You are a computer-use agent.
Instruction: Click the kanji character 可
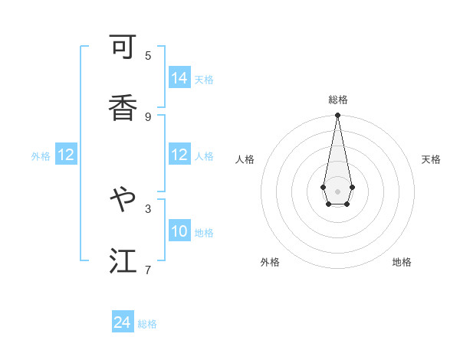pyautogui.click(x=123, y=48)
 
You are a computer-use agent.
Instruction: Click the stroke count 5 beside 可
pyautogui.click(x=148, y=55)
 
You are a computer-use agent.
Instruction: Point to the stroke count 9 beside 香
pyautogui.click(x=148, y=116)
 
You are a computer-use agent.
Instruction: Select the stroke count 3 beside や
pyautogui.click(x=148, y=208)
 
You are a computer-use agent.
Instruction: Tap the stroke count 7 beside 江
pyautogui.click(x=148, y=270)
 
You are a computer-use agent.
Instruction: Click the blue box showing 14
pyautogui.click(x=179, y=78)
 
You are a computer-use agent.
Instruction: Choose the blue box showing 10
pyautogui.click(x=179, y=231)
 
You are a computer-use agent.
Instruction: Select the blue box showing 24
pyautogui.click(x=123, y=323)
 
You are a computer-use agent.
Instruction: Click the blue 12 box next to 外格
pyautogui.click(x=66, y=155)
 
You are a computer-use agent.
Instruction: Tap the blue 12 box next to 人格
pyautogui.click(x=179, y=155)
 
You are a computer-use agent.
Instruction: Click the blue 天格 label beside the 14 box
pyautogui.click(x=204, y=79)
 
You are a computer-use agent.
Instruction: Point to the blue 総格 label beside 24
pyautogui.click(x=147, y=324)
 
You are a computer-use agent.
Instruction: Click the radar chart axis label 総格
pyautogui.click(x=338, y=100)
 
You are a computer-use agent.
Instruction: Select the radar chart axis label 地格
pyautogui.click(x=402, y=262)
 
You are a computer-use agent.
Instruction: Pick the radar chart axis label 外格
pyautogui.click(x=270, y=262)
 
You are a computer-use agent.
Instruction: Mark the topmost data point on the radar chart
pyautogui.click(x=337, y=116)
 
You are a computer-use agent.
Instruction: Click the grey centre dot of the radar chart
pyautogui.click(x=337, y=190)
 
